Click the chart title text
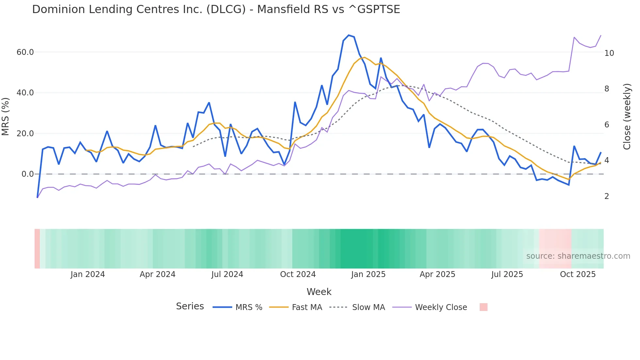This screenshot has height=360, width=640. click(x=216, y=9)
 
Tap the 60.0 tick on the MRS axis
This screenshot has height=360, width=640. click(x=25, y=52)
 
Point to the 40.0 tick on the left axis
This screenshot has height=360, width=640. click(x=25, y=93)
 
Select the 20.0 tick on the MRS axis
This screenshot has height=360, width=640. click(x=25, y=133)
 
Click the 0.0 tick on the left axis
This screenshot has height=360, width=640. click(x=27, y=174)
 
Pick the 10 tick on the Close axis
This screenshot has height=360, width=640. click(x=609, y=53)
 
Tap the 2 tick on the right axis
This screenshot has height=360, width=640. click(x=607, y=196)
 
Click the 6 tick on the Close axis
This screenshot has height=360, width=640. click(x=607, y=124)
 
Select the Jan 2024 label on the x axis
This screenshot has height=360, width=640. click(x=88, y=274)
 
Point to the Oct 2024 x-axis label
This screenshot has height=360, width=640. click(x=298, y=274)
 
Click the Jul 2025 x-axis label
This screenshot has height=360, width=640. click(x=507, y=274)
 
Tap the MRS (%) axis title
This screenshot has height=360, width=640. click(x=6, y=117)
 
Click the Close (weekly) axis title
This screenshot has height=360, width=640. click(x=627, y=117)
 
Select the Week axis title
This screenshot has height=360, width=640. click(x=319, y=292)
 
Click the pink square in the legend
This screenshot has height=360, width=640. click(x=483, y=307)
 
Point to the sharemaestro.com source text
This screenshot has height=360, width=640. click(x=578, y=256)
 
